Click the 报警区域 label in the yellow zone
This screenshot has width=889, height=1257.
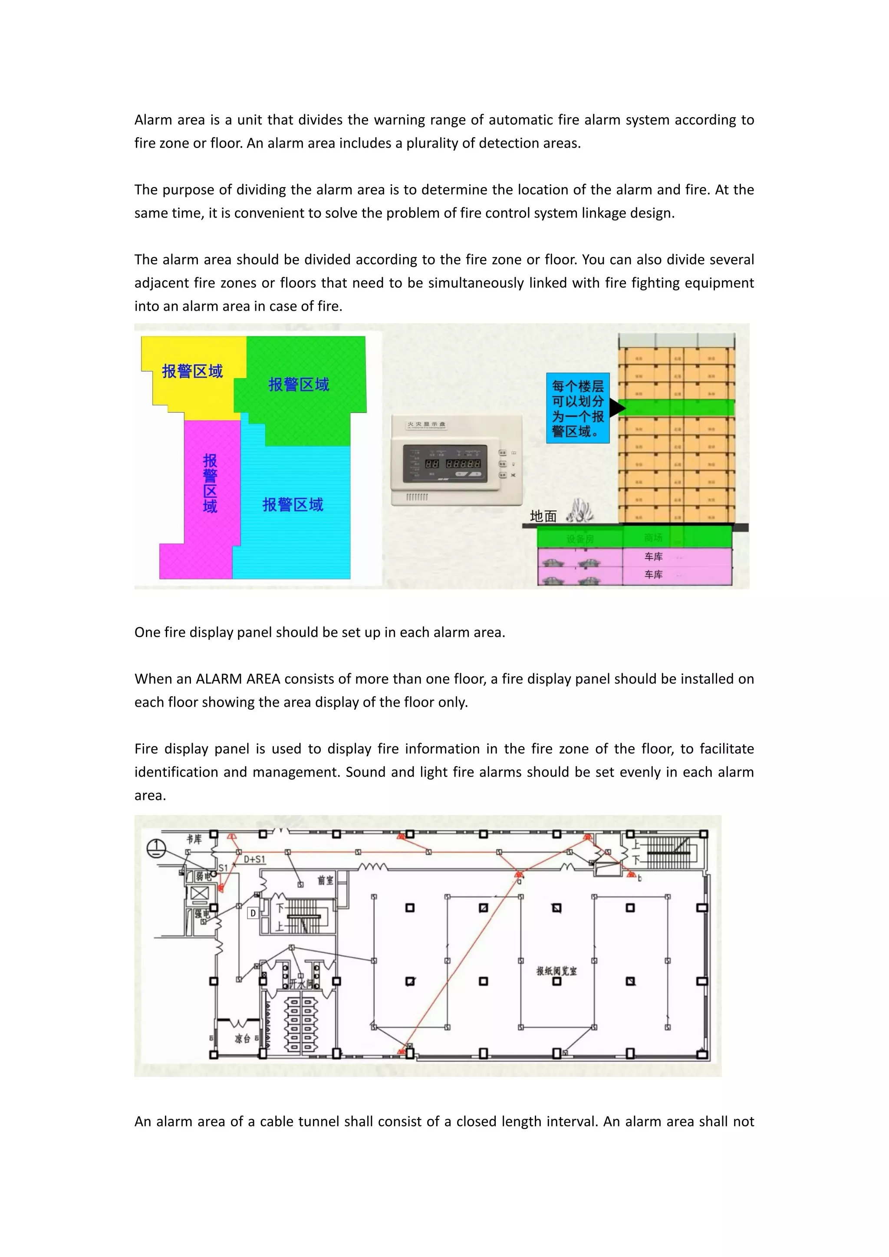pos(192,371)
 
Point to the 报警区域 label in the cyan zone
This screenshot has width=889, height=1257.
pos(293,504)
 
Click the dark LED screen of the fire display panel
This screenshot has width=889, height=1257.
pos(444,464)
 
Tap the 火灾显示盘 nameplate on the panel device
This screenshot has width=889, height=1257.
pos(426,424)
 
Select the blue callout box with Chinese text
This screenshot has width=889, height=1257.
pos(577,408)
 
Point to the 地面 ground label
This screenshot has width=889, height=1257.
pos(543,516)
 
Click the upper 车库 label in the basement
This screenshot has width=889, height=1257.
pos(653,556)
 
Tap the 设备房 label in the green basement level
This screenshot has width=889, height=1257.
pos(579,539)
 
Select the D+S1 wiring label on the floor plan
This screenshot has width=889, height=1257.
pos(254,859)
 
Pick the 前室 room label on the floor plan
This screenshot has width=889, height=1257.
pos(325,880)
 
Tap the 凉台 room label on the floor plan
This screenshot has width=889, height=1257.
pos(243,1039)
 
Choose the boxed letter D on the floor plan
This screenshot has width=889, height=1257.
pos(253,913)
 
